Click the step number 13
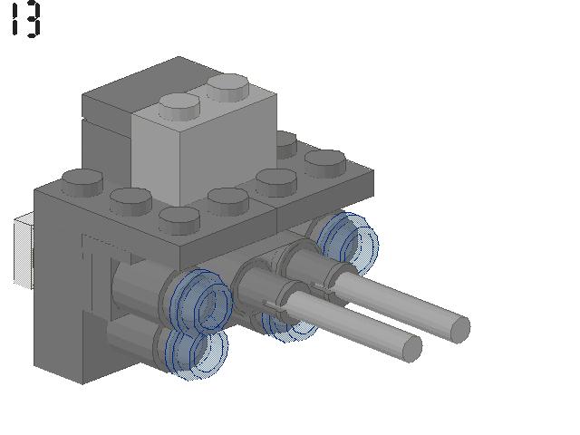[26, 19]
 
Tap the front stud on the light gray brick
[179, 107]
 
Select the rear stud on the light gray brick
[227, 87]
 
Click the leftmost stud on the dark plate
[82, 182]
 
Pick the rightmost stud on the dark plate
[325, 163]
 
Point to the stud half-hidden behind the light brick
[286, 144]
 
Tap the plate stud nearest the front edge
[179, 220]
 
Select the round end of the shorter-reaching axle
[411, 348]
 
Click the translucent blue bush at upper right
[346, 240]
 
